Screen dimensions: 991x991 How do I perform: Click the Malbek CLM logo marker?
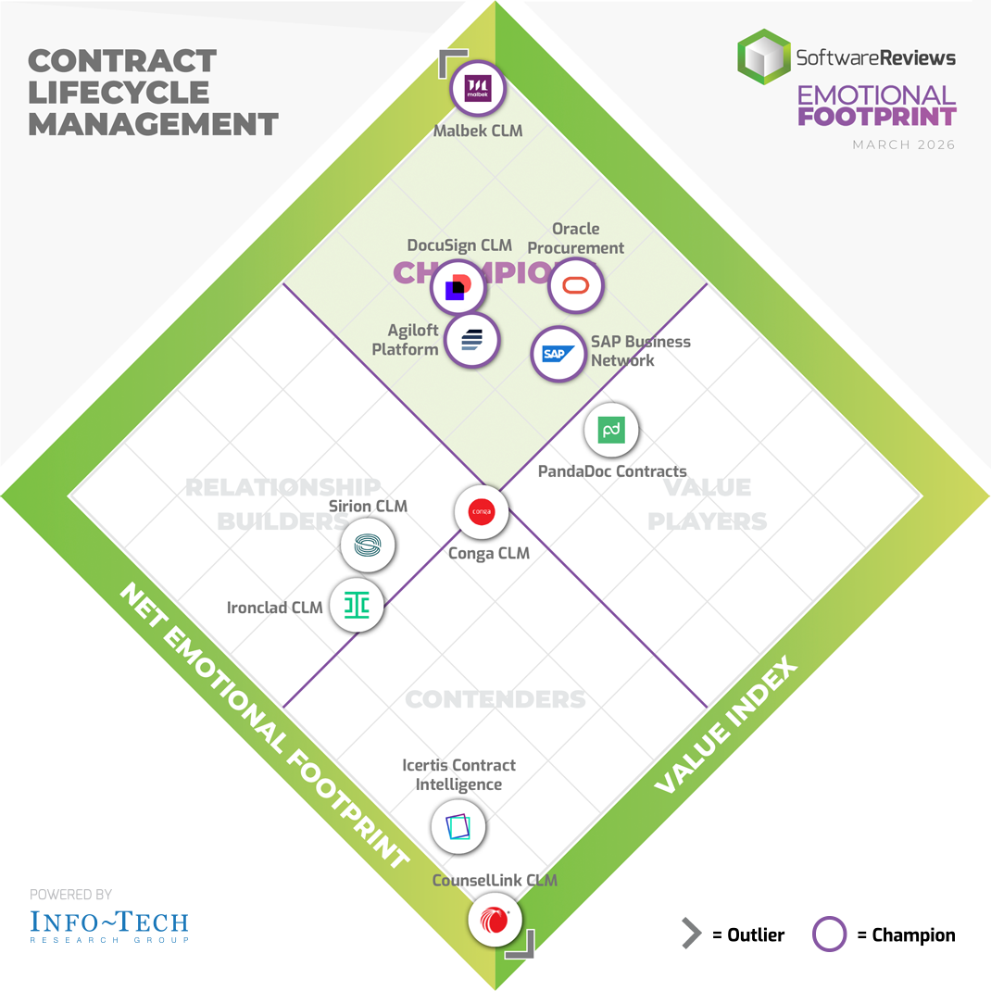coord(477,90)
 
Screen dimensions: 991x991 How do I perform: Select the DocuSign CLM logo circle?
coord(458,287)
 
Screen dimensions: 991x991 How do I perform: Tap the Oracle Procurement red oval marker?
coord(576,285)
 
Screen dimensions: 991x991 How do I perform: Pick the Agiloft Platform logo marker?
coord(471,340)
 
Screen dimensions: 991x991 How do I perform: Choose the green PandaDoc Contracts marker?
coord(611,430)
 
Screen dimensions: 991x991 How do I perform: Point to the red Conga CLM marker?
coord(482,511)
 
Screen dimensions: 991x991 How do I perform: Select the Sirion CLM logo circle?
coord(368,546)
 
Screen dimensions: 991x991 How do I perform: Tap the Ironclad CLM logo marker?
coord(357,606)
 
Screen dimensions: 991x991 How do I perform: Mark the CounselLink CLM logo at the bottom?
coord(495,919)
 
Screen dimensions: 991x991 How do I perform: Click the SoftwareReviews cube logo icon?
coord(763,57)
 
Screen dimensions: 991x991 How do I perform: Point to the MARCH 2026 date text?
coord(904,145)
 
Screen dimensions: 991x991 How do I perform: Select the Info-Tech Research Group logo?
coord(108,925)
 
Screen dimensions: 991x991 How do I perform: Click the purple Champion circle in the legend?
coord(830,935)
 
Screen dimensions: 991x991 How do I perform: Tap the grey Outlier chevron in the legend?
coord(691,935)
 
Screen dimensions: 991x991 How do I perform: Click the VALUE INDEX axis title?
coord(726,726)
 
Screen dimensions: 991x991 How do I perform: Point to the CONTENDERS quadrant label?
coord(495,699)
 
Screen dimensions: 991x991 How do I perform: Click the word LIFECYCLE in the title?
coord(119,93)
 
